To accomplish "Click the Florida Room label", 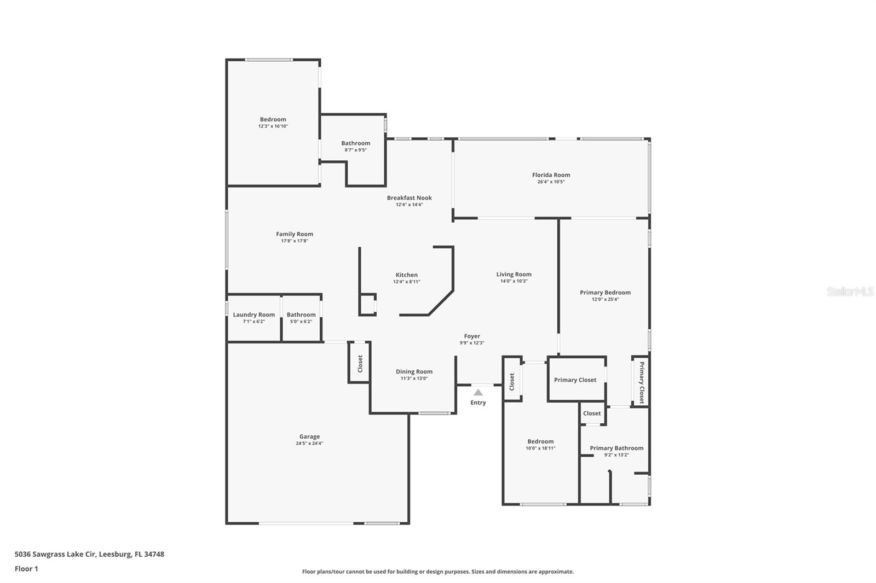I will [x=551, y=175].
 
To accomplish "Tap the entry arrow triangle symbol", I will [x=478, y=392].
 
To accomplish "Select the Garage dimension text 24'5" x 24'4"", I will [x=309, y=444].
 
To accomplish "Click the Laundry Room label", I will [x=253, y=314].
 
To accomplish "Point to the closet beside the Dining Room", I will [x=360, y=363].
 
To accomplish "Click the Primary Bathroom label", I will [x=616, y=448].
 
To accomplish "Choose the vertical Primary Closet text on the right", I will [x=642, y=382].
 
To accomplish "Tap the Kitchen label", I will [x=406, y=275].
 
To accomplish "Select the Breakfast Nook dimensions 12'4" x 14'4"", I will [x=409, y=205].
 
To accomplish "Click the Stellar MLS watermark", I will [x=850, y=292].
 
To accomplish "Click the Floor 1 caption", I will [x=26, y=569].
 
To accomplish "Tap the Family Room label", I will [x=295, y=234].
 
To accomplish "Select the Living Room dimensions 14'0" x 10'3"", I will [x=514, y=281].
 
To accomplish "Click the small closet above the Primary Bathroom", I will [x=592, y=413].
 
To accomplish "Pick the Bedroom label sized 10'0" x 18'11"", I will [x=540, y=441].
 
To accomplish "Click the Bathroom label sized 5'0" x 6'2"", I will [x=301, y=314].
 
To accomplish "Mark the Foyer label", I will [x=472, y=336].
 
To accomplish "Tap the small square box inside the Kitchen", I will [x=367, y=304].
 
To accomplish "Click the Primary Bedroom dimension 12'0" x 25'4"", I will [x=605, y=299].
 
